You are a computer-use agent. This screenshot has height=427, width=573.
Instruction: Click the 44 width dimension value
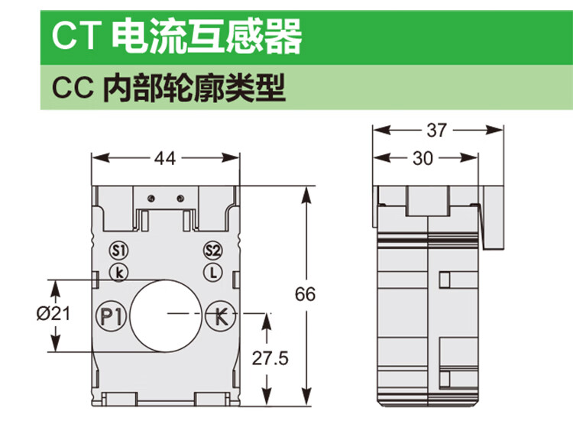click(166, 159)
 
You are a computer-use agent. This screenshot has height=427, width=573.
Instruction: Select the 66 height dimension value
click(305, 295)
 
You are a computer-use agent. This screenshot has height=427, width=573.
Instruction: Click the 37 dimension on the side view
click(436, 131)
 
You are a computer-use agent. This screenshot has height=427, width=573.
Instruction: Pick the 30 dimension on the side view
click(422, 159)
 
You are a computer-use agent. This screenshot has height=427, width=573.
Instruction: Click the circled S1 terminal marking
click(118, 251)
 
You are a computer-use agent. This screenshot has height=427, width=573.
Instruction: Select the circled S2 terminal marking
click(213, 251)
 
